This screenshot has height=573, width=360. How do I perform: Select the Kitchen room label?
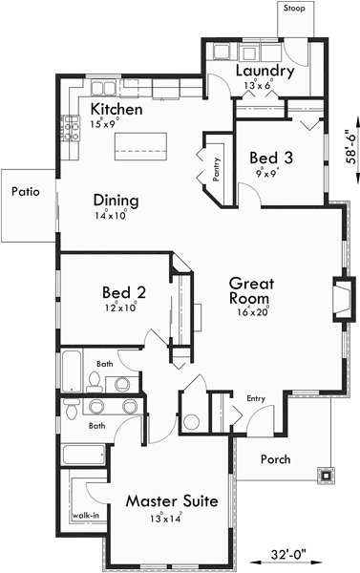(x=116, y=110)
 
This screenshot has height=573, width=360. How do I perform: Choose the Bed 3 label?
(x=270, y=157)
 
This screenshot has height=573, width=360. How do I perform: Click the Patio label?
(x=26, y=191)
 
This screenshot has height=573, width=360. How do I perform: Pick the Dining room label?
(x=116, y=201)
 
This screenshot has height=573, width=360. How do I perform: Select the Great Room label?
(x=252, y=290)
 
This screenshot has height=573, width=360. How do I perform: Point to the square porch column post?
(x=328, y=472)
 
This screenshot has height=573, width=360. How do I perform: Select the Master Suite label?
(x=173, y=501)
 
